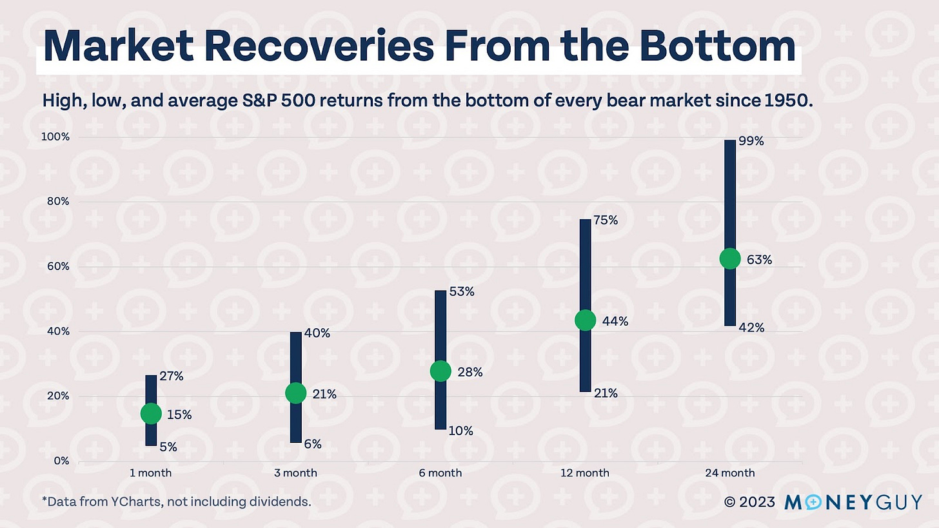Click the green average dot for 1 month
[x=151, y=413]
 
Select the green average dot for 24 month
[x=729, y=259]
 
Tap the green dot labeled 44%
[x=585, y=320]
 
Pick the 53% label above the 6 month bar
[x=462, y=291]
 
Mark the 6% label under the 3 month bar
[x=312, y=444]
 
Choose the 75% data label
[x=606, y=220]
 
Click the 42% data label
[x=751, y=328]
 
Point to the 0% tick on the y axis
[x=61, y=461]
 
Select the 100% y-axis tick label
[x=56, y=137]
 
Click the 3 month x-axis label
[x=295, y=473]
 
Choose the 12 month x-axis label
[x=585, y=473]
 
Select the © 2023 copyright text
[x=749, y=502]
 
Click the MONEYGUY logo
[x=853, y=502]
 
